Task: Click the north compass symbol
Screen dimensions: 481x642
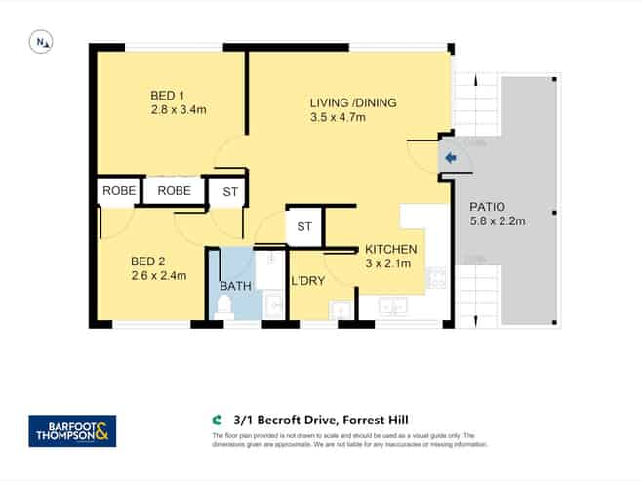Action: pyautogui.click(x=41, y=41)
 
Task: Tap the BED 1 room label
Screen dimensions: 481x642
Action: pyautogui.click(x=168, y=95)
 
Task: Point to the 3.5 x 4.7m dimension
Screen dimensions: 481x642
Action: pyautogui.click(x=338, y=118)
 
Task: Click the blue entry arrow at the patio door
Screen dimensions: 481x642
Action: pyautogui.click(x=450, y=157)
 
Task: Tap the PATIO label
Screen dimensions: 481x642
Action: pyautogui.click(x=488, y=207)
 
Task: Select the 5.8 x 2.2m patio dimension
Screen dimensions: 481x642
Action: pyautogui.click(x=498, y=221)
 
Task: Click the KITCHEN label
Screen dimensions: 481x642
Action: pyautogui.click(x=391, y=249)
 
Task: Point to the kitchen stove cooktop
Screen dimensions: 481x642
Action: pyautogui.click(x=436, y=276)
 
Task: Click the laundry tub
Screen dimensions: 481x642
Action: pyautogui.click(x=341, y=310)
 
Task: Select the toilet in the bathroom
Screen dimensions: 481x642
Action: pyautogui.click(x=223, y=307)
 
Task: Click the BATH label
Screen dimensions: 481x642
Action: pyautogui.click(x=235, y=286)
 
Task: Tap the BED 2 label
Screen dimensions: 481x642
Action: pyautogui.click(x=149, y=261)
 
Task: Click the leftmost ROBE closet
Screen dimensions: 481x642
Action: pyautogui.click(x=118, y=191)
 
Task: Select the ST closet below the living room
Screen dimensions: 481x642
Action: pyautogui.click(x=304, y=227)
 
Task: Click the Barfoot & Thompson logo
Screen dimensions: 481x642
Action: pyautogui.click(x=72, y=430)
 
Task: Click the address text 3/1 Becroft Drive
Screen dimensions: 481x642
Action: pyautogui.click(x=302, y=421)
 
